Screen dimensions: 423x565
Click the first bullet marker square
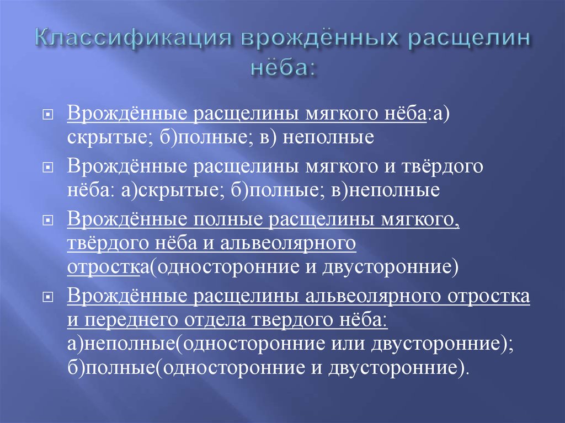coord(49,116)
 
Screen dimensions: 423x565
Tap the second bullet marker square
coord(49,167)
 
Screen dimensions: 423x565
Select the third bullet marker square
coord(49,219)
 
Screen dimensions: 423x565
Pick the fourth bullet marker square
coord(49,297)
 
